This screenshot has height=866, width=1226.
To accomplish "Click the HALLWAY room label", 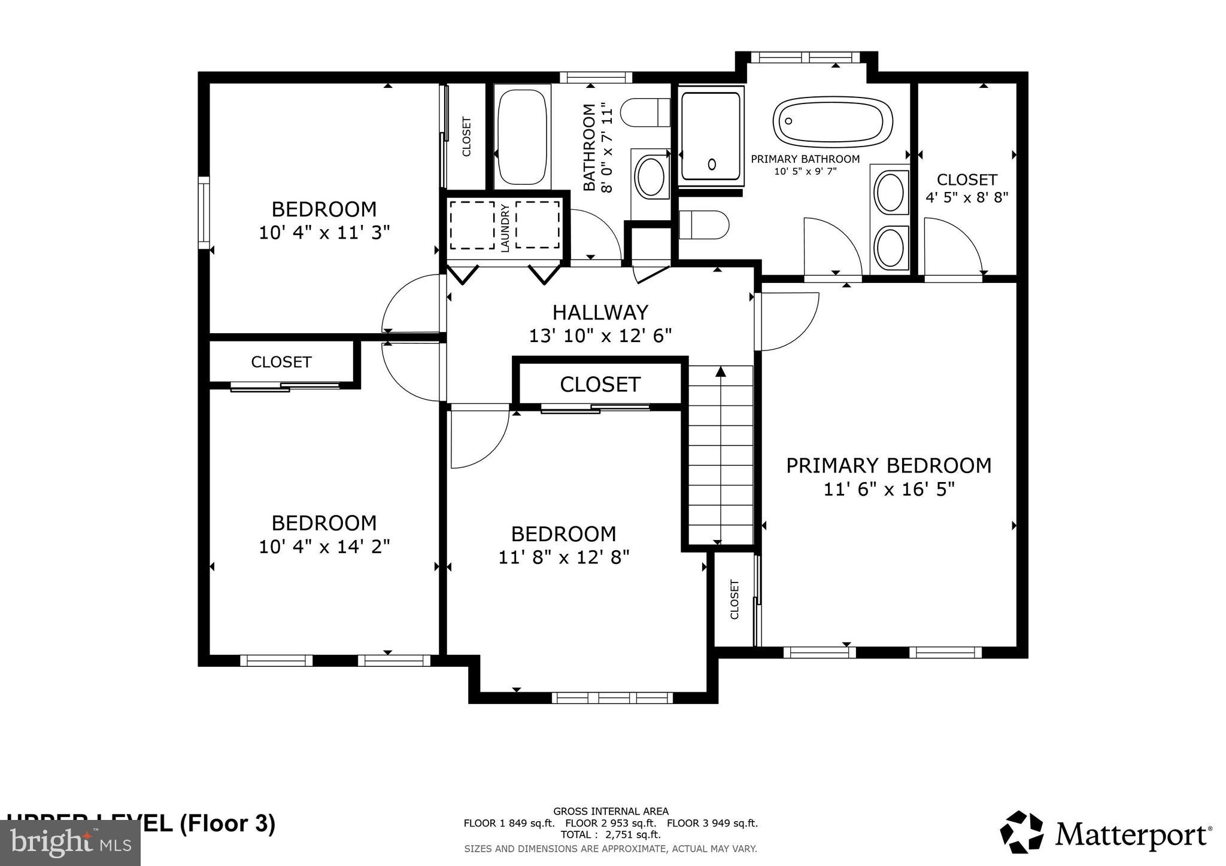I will tap(600, 312).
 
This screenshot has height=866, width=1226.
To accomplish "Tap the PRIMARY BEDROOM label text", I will tap(888, 465).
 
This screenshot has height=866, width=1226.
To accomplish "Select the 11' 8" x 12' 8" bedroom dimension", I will tap(564, 557).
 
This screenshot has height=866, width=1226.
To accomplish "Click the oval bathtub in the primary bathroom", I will tap(832, 121).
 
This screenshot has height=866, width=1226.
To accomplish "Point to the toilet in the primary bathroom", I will tap(704, 225).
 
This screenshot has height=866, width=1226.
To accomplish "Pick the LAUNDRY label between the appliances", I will tap(505, 228).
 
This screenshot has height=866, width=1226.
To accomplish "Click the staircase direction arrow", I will tap(721, 372).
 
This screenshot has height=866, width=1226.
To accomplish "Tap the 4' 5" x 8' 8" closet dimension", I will tap(967, 197).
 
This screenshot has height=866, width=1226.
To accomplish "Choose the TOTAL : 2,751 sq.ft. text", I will tap(611, 834).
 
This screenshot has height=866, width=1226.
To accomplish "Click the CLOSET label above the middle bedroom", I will tap(600, 384).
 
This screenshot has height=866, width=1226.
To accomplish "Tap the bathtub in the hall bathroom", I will tap(522, 137).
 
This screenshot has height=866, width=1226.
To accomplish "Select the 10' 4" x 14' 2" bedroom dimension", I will tap(324, 546).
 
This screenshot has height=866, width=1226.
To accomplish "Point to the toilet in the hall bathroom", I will tap(646, 112).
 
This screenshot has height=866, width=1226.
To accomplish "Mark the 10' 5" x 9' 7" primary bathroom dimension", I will tap(805, 171).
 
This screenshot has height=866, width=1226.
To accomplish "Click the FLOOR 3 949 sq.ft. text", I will tap(712, 823).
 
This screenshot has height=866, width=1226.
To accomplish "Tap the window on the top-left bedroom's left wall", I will tap(204, 212).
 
